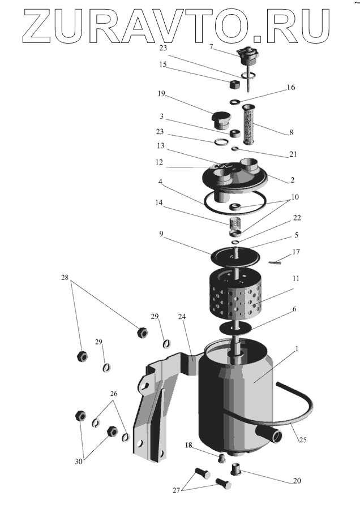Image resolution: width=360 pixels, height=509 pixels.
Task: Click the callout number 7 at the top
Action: point(211,47)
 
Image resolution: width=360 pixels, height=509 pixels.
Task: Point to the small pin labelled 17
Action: point(276,261)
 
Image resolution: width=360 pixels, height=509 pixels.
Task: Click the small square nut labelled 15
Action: point(233,86)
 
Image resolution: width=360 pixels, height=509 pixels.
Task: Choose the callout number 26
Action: point(113,394)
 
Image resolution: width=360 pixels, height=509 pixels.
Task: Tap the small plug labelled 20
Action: point(235,469)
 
